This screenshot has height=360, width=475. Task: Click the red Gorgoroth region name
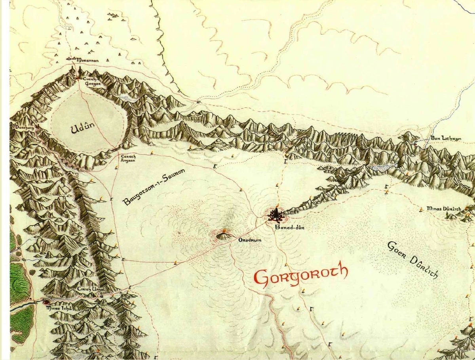pos(301,275)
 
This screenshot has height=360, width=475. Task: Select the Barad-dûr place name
pos(285,227)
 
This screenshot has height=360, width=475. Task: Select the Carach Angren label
pos(128,159)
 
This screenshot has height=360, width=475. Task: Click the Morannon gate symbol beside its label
pos(74,58)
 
